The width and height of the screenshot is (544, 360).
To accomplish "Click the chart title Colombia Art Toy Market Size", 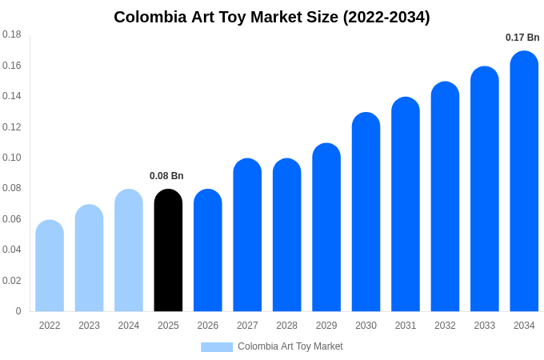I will point(271,17).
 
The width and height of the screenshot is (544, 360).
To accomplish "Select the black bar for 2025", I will point(168,252).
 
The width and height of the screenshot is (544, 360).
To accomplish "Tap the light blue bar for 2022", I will point(50,266).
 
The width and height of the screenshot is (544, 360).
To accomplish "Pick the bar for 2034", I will point(524,182).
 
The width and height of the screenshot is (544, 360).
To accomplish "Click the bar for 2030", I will point(366,213).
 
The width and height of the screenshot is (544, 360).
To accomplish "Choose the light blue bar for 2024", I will point(129,251).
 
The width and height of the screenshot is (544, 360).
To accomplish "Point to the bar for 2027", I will point(247,236).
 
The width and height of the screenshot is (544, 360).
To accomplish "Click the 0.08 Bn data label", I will point(166,176).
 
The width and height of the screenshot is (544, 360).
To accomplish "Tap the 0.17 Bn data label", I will point(522,38).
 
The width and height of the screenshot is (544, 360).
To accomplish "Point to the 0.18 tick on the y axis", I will point(12,34).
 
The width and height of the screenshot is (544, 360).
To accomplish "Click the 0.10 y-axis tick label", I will point(12,158).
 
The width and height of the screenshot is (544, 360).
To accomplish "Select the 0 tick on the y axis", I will point(18,311).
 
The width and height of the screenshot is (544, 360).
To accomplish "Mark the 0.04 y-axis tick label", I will point(12,250).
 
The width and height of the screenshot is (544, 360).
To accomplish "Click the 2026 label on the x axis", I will point(208,326).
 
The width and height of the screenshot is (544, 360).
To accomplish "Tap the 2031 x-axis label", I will point(406,326).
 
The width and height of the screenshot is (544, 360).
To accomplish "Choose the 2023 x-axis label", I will point(89,326).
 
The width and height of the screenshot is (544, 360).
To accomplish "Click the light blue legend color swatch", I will point(217,347).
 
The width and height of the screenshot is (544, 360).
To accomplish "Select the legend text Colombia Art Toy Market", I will point(290,346).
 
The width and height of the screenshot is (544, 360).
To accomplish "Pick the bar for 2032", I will point(445,198).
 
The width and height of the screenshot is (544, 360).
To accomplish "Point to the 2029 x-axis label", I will point(326,326).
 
